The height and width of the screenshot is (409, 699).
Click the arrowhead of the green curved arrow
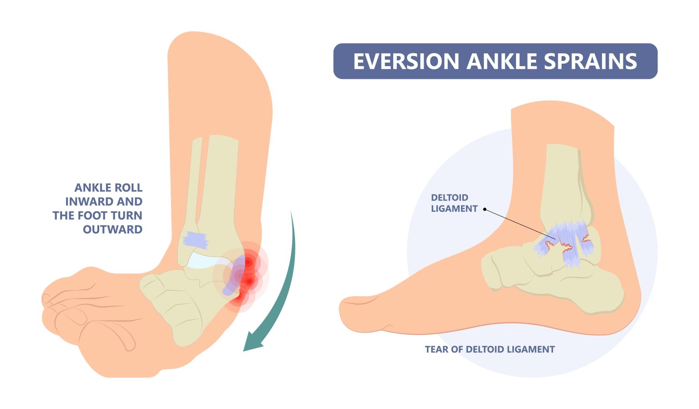(251, 343)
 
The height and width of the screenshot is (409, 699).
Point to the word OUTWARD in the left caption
(112, 230)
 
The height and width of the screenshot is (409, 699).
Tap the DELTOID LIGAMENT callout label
(454, 203)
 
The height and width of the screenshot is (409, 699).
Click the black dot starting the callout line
(485, 210)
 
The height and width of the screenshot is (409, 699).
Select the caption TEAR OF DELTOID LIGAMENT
(490, 349)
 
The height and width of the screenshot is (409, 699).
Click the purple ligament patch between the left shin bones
(195, 240)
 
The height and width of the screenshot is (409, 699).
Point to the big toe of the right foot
(360, 314)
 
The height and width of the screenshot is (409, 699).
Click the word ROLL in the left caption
(129, 188)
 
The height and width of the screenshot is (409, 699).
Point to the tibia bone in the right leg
(562, 182)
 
